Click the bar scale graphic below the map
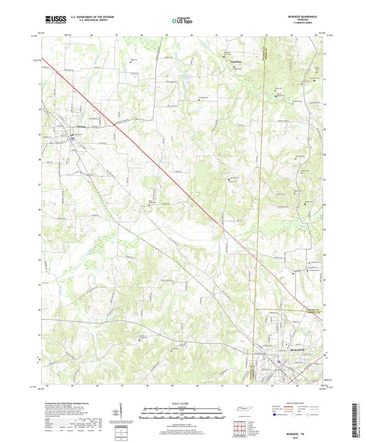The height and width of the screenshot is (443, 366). point(182,413)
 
